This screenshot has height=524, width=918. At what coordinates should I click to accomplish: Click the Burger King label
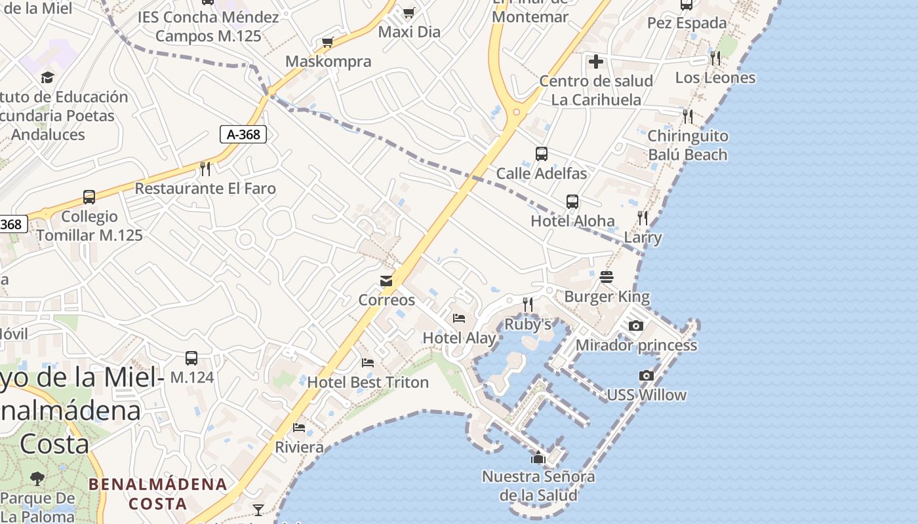[x=607, y=297]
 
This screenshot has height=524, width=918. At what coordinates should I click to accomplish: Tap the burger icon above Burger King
[x=607, y=277]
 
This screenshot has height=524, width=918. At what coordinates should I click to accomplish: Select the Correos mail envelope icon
[x=386, y=281]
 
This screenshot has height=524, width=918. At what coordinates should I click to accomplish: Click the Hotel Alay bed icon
[x=459, y=318]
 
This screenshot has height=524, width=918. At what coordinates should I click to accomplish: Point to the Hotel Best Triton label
[x=368, y=382]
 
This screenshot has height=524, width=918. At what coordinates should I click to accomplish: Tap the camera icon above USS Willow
[x=647, y=375]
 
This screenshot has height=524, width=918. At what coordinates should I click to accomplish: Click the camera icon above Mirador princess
[x=635, y=326]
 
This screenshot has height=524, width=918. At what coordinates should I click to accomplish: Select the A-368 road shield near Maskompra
[x=243, y=135]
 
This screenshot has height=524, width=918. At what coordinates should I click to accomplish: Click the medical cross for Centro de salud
[x=595, y=62]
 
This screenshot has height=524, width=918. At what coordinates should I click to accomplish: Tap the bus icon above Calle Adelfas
[x=541, y=154]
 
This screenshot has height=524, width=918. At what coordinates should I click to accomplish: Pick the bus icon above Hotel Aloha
[x=572, y=201]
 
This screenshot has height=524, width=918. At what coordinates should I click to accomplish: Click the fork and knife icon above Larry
[x=643, y=217]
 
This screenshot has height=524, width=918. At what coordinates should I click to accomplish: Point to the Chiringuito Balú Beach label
[x=688, y=145]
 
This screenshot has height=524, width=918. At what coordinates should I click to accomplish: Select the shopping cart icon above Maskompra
[x=328, y=43]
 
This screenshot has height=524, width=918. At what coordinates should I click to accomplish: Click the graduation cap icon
[x=47, y=78]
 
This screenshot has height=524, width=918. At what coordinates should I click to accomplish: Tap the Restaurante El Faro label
[x=205, y=189]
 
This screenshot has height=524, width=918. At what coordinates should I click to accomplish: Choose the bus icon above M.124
[x=191, y=358]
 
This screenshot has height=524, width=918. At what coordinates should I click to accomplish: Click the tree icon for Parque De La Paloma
[x=37, y=479]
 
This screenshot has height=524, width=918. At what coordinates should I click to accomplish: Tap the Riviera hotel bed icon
[x=299, y=428]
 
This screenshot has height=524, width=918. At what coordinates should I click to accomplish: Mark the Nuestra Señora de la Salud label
[x=538, y=485]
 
